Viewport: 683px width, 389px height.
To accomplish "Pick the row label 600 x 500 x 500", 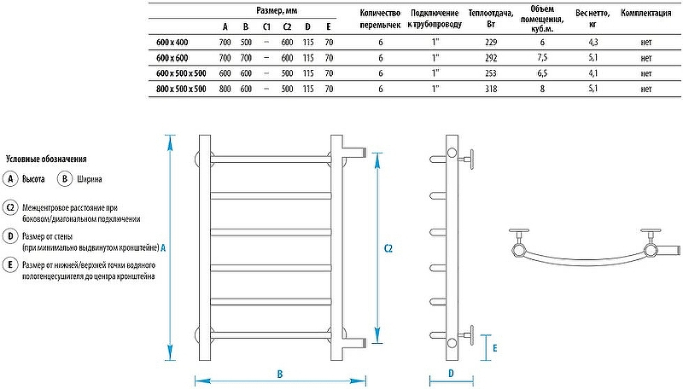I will click(181, 73).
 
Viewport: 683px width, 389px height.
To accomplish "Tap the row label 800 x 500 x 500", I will click(181, 88).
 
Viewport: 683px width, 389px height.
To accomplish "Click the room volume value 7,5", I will click(541, 56).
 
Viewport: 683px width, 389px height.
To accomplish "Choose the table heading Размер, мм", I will click(277, 9).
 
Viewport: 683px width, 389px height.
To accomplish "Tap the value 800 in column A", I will click(225, 88).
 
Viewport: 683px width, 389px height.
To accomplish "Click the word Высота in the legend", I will click(33, 179).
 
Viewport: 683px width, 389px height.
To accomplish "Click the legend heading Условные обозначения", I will click(46, 159).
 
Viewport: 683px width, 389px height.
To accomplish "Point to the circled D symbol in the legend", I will click(10, 235).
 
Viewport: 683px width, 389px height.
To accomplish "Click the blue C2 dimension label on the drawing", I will click(388, 248).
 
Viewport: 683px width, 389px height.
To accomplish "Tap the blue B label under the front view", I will click(280, 373).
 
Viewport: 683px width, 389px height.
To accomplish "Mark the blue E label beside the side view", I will click(495, 348).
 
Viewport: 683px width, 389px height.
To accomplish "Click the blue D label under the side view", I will click(449, 373).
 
